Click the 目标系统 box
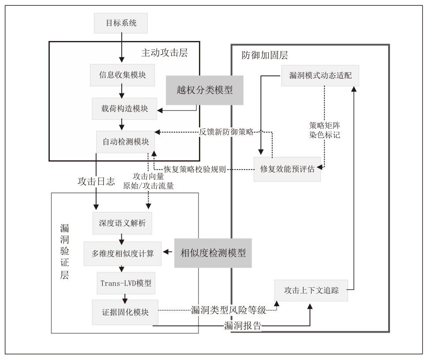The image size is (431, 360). [120, 22]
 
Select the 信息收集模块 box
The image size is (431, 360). [120, 76]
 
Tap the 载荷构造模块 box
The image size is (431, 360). [125, 108]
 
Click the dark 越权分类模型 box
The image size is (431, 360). [204, 90]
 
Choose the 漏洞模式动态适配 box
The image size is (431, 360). [320, 75]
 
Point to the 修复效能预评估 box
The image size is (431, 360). [287, 169]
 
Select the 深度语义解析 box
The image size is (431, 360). [122, 224]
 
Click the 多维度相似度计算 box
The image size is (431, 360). [123, 254]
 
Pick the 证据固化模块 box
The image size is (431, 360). [125, 312]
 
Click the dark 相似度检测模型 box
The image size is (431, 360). [213, 253]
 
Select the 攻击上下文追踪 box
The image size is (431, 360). [311, 291]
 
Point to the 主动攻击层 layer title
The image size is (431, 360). [165, 53]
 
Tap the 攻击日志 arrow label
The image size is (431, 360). [96, 182]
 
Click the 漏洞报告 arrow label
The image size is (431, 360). [242, 326]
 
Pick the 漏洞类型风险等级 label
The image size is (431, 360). [229, 310]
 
